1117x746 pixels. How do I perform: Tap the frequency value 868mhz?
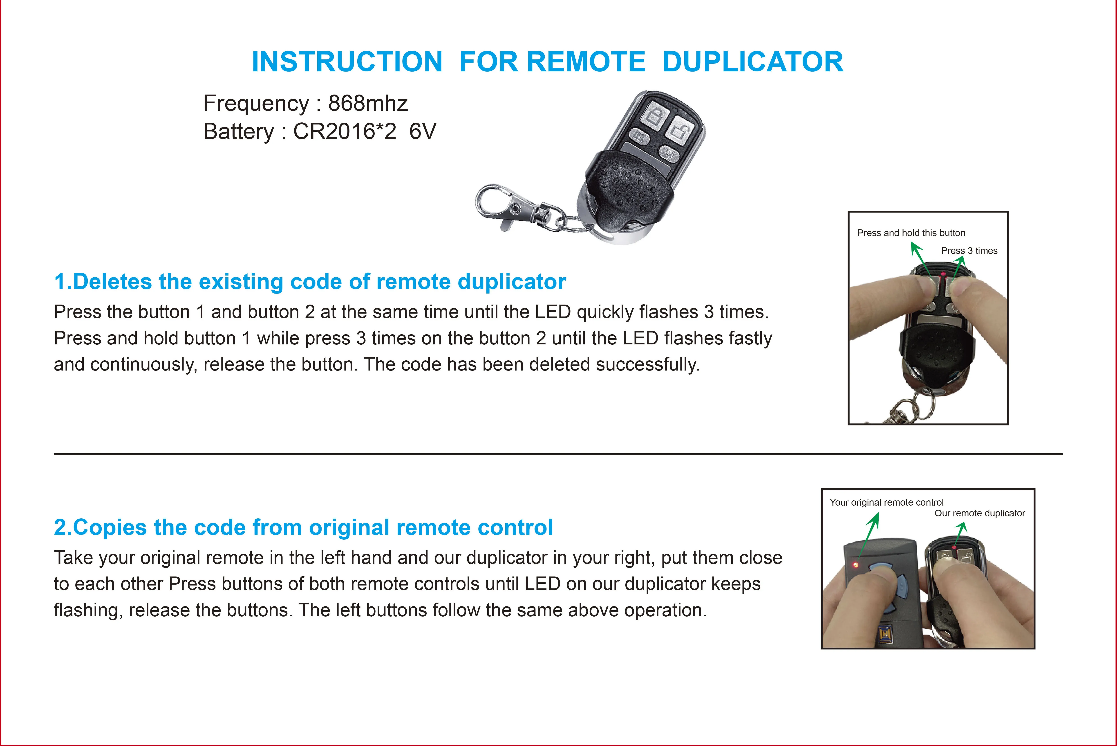(x=368, y=103)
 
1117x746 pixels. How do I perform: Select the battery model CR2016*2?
(x=345, y=131)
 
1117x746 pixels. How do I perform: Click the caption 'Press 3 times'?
(x=969, y=251)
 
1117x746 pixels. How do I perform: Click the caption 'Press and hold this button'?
(x=911, y=233)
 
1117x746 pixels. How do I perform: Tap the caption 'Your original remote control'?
(x=886, y=502)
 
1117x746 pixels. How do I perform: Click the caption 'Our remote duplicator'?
(x=980, y=513)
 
